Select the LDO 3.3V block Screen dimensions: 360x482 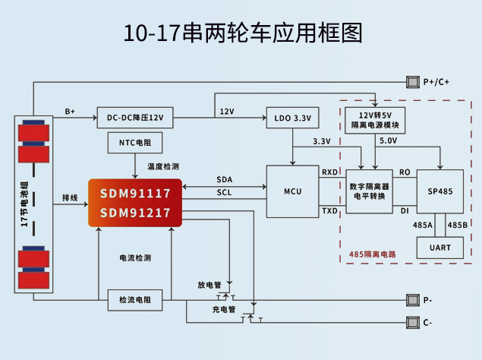(291, 118)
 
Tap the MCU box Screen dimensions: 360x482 (291, 191)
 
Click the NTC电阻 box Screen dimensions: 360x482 (135, 142)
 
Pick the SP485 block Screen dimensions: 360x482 (439, 191)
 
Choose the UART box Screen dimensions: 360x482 (439, 248)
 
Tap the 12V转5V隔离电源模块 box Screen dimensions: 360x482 (374, 120)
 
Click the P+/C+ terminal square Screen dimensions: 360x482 (414, 81)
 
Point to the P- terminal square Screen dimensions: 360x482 (414, 299)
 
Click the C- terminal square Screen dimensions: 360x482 (414, 323)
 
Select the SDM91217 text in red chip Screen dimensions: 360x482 (135, 213)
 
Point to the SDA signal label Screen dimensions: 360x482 (225, 179)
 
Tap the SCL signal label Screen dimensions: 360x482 (225, 193)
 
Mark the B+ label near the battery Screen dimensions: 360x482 (70, 111)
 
